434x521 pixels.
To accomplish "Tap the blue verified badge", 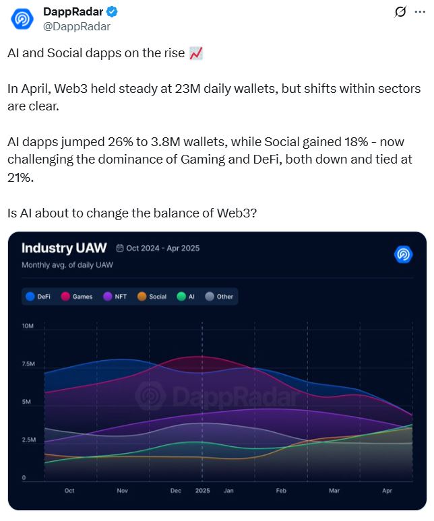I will tap(111, 11).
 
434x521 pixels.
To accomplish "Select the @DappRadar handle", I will tap(76, 26).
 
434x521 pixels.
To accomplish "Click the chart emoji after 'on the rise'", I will tap(196, 54).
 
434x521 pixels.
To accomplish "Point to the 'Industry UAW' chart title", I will tap(64, 248).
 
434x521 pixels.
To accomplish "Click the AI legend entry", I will tap(186, 296).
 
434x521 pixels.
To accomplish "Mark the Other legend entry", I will tap(219, 296).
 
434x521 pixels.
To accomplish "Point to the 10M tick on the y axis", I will tap(28, 326).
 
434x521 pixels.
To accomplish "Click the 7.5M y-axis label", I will tap(28, 364).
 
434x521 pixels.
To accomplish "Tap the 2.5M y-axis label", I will tap(28, 440).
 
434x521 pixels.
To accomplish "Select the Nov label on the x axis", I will tap(122, 491).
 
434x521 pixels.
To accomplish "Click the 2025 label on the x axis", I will tap(202, 491).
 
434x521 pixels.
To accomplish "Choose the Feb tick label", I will tap(281, 491).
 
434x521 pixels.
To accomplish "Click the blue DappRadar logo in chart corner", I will tap(403, 254).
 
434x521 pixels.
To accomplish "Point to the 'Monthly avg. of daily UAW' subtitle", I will tap(67, 265).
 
